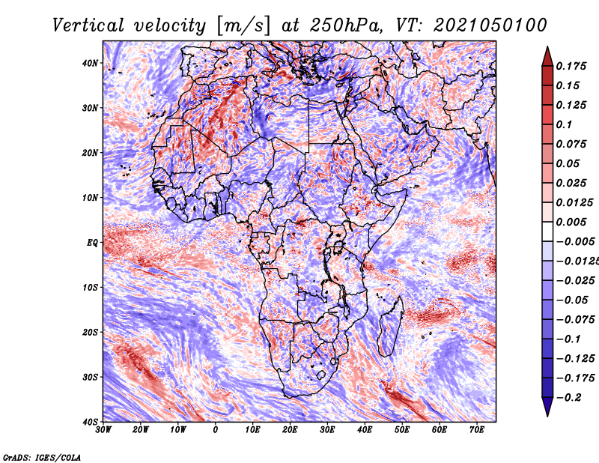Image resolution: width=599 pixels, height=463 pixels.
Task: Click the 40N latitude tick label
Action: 90,63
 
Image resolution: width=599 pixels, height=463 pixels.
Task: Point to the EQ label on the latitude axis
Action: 92,243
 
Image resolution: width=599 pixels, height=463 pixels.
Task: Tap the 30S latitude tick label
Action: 90,377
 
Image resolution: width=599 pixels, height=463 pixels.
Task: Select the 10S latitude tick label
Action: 90,287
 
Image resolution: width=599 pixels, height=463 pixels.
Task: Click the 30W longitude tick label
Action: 103,430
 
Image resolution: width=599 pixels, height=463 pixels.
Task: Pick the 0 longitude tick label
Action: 215,430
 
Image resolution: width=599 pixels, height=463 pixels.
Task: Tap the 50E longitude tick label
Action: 402,430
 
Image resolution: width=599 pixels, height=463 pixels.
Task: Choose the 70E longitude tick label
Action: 476,430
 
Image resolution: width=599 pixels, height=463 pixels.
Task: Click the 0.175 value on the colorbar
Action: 571,67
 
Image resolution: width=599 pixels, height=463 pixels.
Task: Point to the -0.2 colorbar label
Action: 569,398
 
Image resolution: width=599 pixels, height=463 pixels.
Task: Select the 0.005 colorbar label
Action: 571,222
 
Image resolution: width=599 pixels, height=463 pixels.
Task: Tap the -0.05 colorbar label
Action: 572,300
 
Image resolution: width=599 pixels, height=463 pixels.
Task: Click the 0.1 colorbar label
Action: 564,124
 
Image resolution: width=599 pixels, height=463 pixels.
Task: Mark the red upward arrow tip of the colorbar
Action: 547,46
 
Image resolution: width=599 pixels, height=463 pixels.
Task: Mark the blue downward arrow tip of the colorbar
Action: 547,417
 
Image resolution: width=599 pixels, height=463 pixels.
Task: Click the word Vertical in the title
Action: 88,25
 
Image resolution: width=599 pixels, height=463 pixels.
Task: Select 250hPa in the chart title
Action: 346,25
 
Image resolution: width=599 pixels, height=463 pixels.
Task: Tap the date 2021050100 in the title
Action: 490,25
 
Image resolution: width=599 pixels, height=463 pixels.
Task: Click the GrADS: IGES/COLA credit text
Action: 42,457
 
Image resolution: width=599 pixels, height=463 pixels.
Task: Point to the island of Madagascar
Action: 391,326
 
